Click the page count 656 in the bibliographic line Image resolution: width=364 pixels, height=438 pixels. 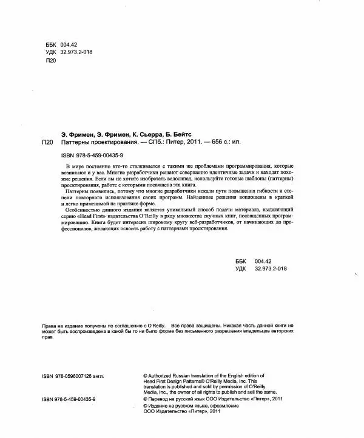(x=217, y=142)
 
